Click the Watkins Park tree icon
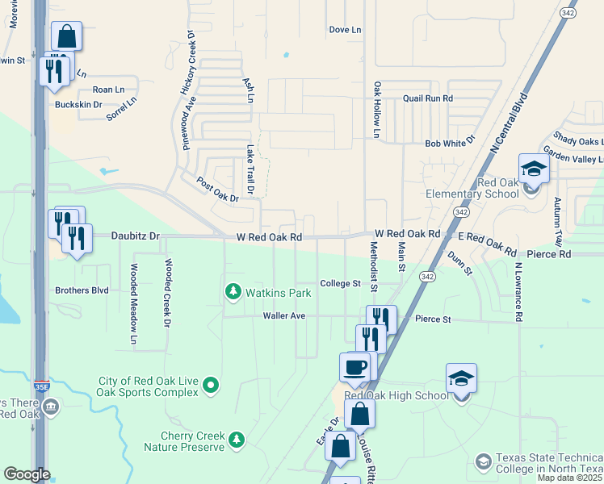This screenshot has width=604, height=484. [x=233, y=290]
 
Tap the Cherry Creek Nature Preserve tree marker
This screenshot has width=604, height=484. [x=236, y=440]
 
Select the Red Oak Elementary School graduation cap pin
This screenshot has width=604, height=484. [x=534, y=169]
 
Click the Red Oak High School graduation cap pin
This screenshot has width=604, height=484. [x=461, y=378]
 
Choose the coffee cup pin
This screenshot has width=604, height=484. [x=354, y=368]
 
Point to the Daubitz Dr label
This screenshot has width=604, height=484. [x=138, y=237]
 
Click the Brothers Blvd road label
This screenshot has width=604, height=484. [x=82, y=290]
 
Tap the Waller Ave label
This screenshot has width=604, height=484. [x=284, y=316]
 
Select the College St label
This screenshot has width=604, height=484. [x=340, y=284]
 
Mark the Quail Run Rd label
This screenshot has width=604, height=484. [x=429, y=98]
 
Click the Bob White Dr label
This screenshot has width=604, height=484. [x=450, y=143]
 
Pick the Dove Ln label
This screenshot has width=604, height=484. [x=345, y=30]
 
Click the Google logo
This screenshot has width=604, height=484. [x=27, y=474]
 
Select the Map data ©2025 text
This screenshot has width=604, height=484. [x=569, y=478]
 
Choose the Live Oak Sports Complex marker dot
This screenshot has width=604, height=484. [x=211, y=386]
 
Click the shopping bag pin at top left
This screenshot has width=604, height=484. [x=66, y=36]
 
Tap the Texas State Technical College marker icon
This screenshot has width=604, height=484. [x=483, y=462]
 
